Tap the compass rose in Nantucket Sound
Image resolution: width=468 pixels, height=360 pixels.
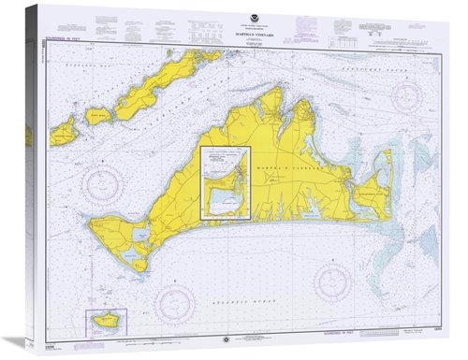409,97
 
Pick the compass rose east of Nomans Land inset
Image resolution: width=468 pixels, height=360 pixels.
174,301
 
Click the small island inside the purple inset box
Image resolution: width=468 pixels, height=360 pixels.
103,321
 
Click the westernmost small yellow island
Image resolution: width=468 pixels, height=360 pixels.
65,131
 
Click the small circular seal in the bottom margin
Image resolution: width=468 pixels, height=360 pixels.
245,338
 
